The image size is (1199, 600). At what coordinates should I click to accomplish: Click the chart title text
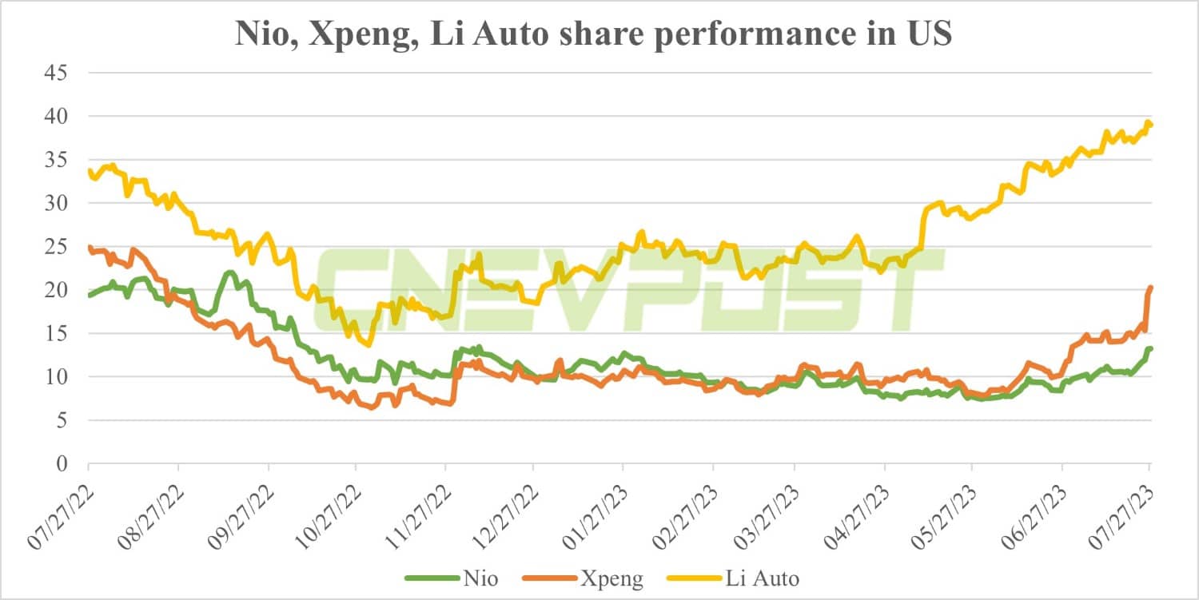click(x=593, y=34)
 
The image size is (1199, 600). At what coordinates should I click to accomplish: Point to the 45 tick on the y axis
click(x=57, y=73)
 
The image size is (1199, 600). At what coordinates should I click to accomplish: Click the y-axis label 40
click(x=57, y=116)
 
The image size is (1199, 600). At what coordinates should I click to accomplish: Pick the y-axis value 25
click(x=57, y=246)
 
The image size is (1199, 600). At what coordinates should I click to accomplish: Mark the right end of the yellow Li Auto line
click(x=1150, y=125)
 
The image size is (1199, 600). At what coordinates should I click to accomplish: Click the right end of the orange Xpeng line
click(x=1150, y=287)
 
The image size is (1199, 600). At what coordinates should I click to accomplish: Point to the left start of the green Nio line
click(x=89, y=296)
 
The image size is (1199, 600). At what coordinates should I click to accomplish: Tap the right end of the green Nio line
click(x=1150, y=348)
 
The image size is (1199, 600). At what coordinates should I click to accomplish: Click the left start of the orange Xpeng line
click(x=89, y=247)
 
